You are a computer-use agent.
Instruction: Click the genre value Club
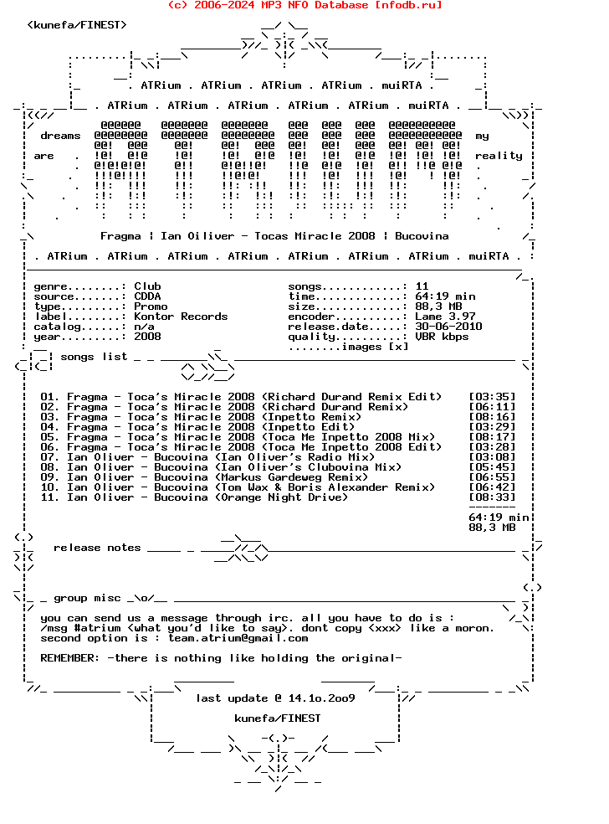147,286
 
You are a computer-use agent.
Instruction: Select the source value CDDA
147,296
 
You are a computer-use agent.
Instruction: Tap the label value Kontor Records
181,317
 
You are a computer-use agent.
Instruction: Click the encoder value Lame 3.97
445,317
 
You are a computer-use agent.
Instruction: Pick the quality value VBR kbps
442,337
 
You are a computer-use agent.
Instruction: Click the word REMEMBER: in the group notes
70,658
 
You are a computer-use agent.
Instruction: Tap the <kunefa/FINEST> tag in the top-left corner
77,25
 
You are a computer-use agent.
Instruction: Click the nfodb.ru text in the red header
408,5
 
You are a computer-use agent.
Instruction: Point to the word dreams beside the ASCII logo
60,136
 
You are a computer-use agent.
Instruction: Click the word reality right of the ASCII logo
499,156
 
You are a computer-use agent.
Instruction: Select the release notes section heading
97,548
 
